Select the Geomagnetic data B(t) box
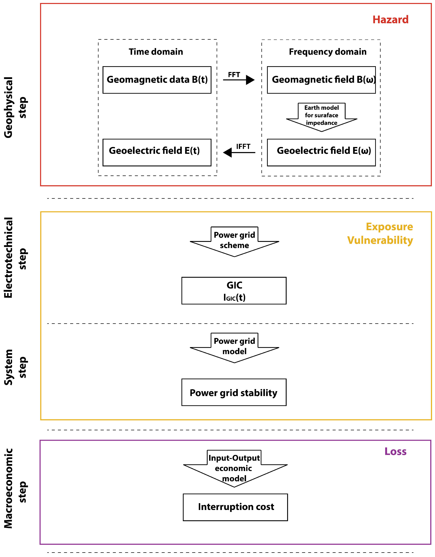[x=157, y=80]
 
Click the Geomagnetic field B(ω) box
[x=321, y=80]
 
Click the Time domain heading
[x=156, y=52]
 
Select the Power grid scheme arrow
[x=234, y=241]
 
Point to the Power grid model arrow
[x=234, y=347]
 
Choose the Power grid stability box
[x=234, y=393]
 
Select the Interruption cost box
[x=235, y=507]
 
